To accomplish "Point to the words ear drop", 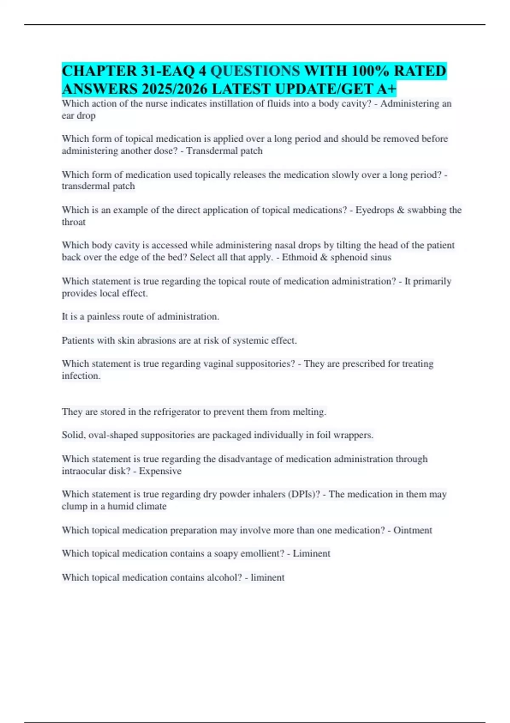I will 79,116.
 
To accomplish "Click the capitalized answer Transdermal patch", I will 224,151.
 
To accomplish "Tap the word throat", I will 74,222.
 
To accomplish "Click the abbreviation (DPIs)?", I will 304,494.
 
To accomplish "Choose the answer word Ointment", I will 413,530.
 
